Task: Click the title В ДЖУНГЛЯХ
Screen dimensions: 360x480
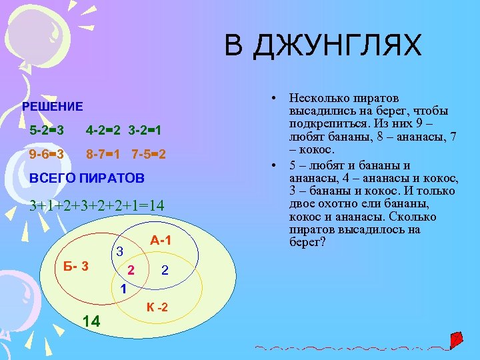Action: [x=323, y=46]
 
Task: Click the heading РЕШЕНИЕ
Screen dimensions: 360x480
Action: [x=53, y=106]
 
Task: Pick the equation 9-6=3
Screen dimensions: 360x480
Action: [x=47, y=155]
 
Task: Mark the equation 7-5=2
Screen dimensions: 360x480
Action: [x=149, y=155]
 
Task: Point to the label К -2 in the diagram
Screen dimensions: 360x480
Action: [x=157, y=308]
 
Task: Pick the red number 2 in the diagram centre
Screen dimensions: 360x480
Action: [x=131, y=270]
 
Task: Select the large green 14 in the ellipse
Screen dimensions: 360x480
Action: [x=91, y=321]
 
